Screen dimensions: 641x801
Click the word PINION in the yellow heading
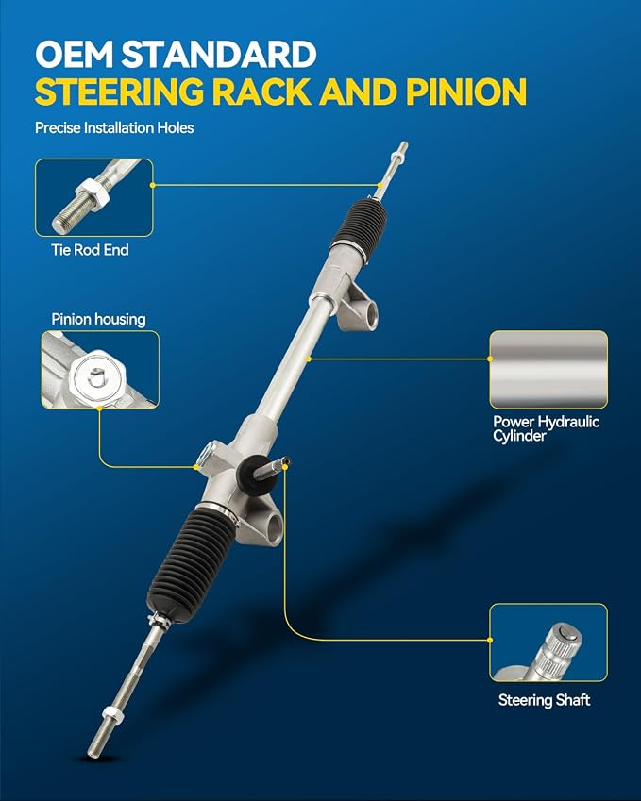tap(466, 92)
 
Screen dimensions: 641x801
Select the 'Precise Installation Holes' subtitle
tap(114, 127)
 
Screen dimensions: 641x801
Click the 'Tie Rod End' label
tap(90, 250)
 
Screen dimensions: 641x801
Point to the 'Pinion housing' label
tap(99, 319)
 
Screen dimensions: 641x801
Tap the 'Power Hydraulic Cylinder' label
tap(546, 428)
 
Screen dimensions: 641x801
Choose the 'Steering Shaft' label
tap(545, 700)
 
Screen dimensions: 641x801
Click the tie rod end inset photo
tap(94, 198)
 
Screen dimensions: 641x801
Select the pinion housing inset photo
tap(100, 370)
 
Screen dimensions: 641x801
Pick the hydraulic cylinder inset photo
tap(548, 369)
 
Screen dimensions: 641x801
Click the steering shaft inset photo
tap(548, 642)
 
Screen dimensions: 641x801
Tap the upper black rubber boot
tap(359, 223)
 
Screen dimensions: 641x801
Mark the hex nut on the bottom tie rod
tap(113, 715)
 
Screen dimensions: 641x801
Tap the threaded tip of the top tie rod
tap(401, 149)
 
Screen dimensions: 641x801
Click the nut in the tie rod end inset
tap(93, 194)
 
